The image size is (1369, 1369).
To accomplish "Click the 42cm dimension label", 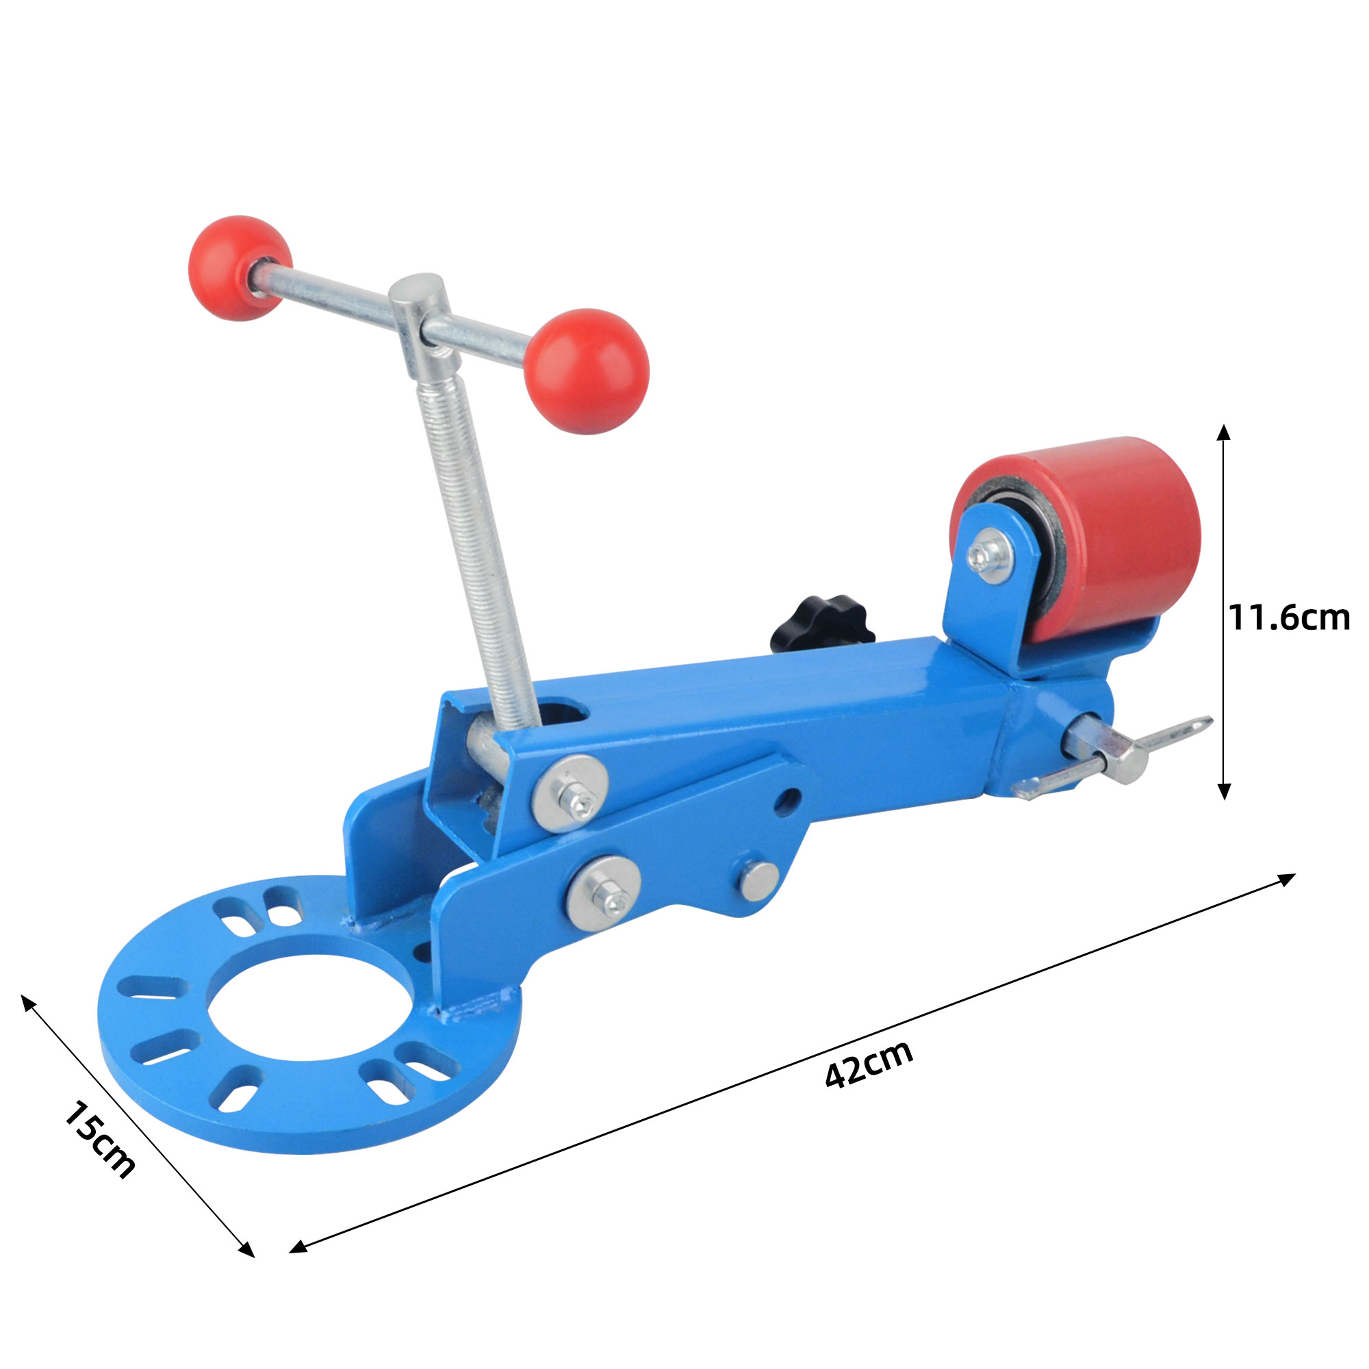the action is pos(869,1073).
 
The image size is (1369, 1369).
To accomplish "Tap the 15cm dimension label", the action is pos(100,1140).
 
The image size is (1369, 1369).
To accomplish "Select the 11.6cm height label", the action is pos(1289,618).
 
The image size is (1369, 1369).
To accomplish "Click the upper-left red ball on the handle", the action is pos(240,268).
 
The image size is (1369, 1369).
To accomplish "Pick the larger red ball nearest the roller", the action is pos(587,370).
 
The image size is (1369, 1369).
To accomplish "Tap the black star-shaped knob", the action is pos(823,624).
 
